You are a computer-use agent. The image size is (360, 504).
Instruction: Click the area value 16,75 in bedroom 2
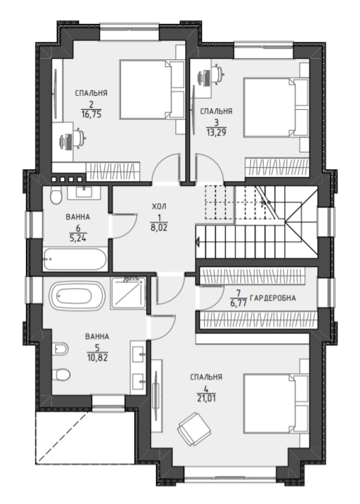91,114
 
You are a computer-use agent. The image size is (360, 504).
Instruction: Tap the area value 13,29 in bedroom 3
216,132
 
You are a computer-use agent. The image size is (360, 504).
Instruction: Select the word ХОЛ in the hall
159,206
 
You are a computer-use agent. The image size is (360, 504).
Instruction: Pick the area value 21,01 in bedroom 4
206,398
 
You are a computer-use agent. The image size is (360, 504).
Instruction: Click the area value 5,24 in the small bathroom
78,238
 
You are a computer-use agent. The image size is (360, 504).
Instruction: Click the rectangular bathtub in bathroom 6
75,259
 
